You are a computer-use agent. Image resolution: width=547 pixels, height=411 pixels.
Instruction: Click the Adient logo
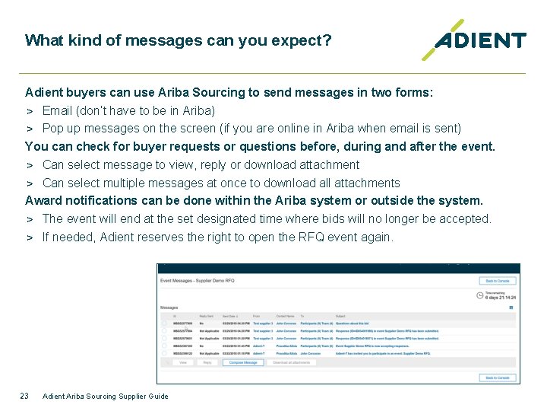point(474,40)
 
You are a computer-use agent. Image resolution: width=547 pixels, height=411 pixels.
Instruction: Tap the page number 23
point(25,396)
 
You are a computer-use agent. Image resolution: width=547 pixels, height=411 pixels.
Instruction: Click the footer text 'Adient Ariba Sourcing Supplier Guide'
point(106,396)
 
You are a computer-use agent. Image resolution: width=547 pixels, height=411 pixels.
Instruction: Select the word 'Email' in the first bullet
point(58,110)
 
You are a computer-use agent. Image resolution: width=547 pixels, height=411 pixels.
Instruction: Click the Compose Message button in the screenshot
point(243,363)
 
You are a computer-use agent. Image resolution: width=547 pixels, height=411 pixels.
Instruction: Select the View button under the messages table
point(182,363)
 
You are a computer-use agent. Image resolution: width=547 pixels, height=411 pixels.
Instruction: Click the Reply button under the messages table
point(207,363)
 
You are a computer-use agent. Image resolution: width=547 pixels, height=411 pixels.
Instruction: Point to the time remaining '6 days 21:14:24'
point(499,298)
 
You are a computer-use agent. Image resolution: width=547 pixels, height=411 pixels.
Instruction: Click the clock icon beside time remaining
point(480,295)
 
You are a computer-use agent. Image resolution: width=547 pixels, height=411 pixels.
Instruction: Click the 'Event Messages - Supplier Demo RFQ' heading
point(197,281)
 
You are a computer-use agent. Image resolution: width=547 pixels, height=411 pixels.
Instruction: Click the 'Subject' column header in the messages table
point(340,315)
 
